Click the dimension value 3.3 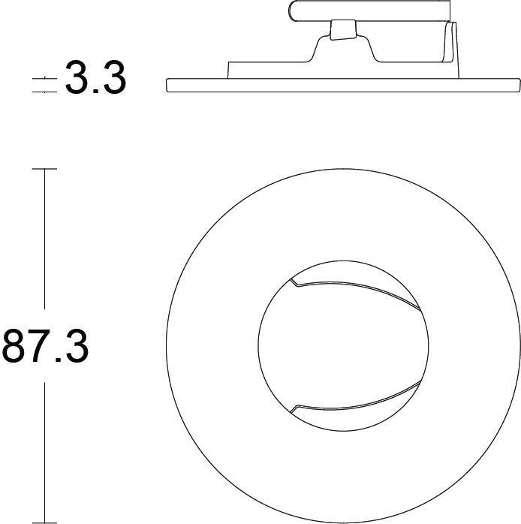(95, 78)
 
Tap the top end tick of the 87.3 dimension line (45, 170)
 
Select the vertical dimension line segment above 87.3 (45, 240)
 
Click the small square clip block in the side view (342, 29)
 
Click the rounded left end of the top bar (292, 11)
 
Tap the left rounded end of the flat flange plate (166, 84)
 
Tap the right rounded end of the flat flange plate (518, 84)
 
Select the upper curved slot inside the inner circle (353, 288)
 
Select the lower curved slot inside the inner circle (353, 405)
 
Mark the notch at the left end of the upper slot (293, 283)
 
